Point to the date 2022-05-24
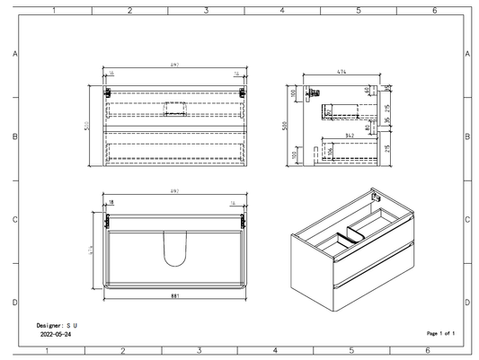click(x=57, y=333)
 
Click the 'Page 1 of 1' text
click(x=440, y=333)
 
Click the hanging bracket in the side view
click(x=314, y=92)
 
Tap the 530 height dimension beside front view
click(x=88, y=127)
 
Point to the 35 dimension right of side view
click(x=387, y=119)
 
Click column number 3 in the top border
click(x=206, y=11)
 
